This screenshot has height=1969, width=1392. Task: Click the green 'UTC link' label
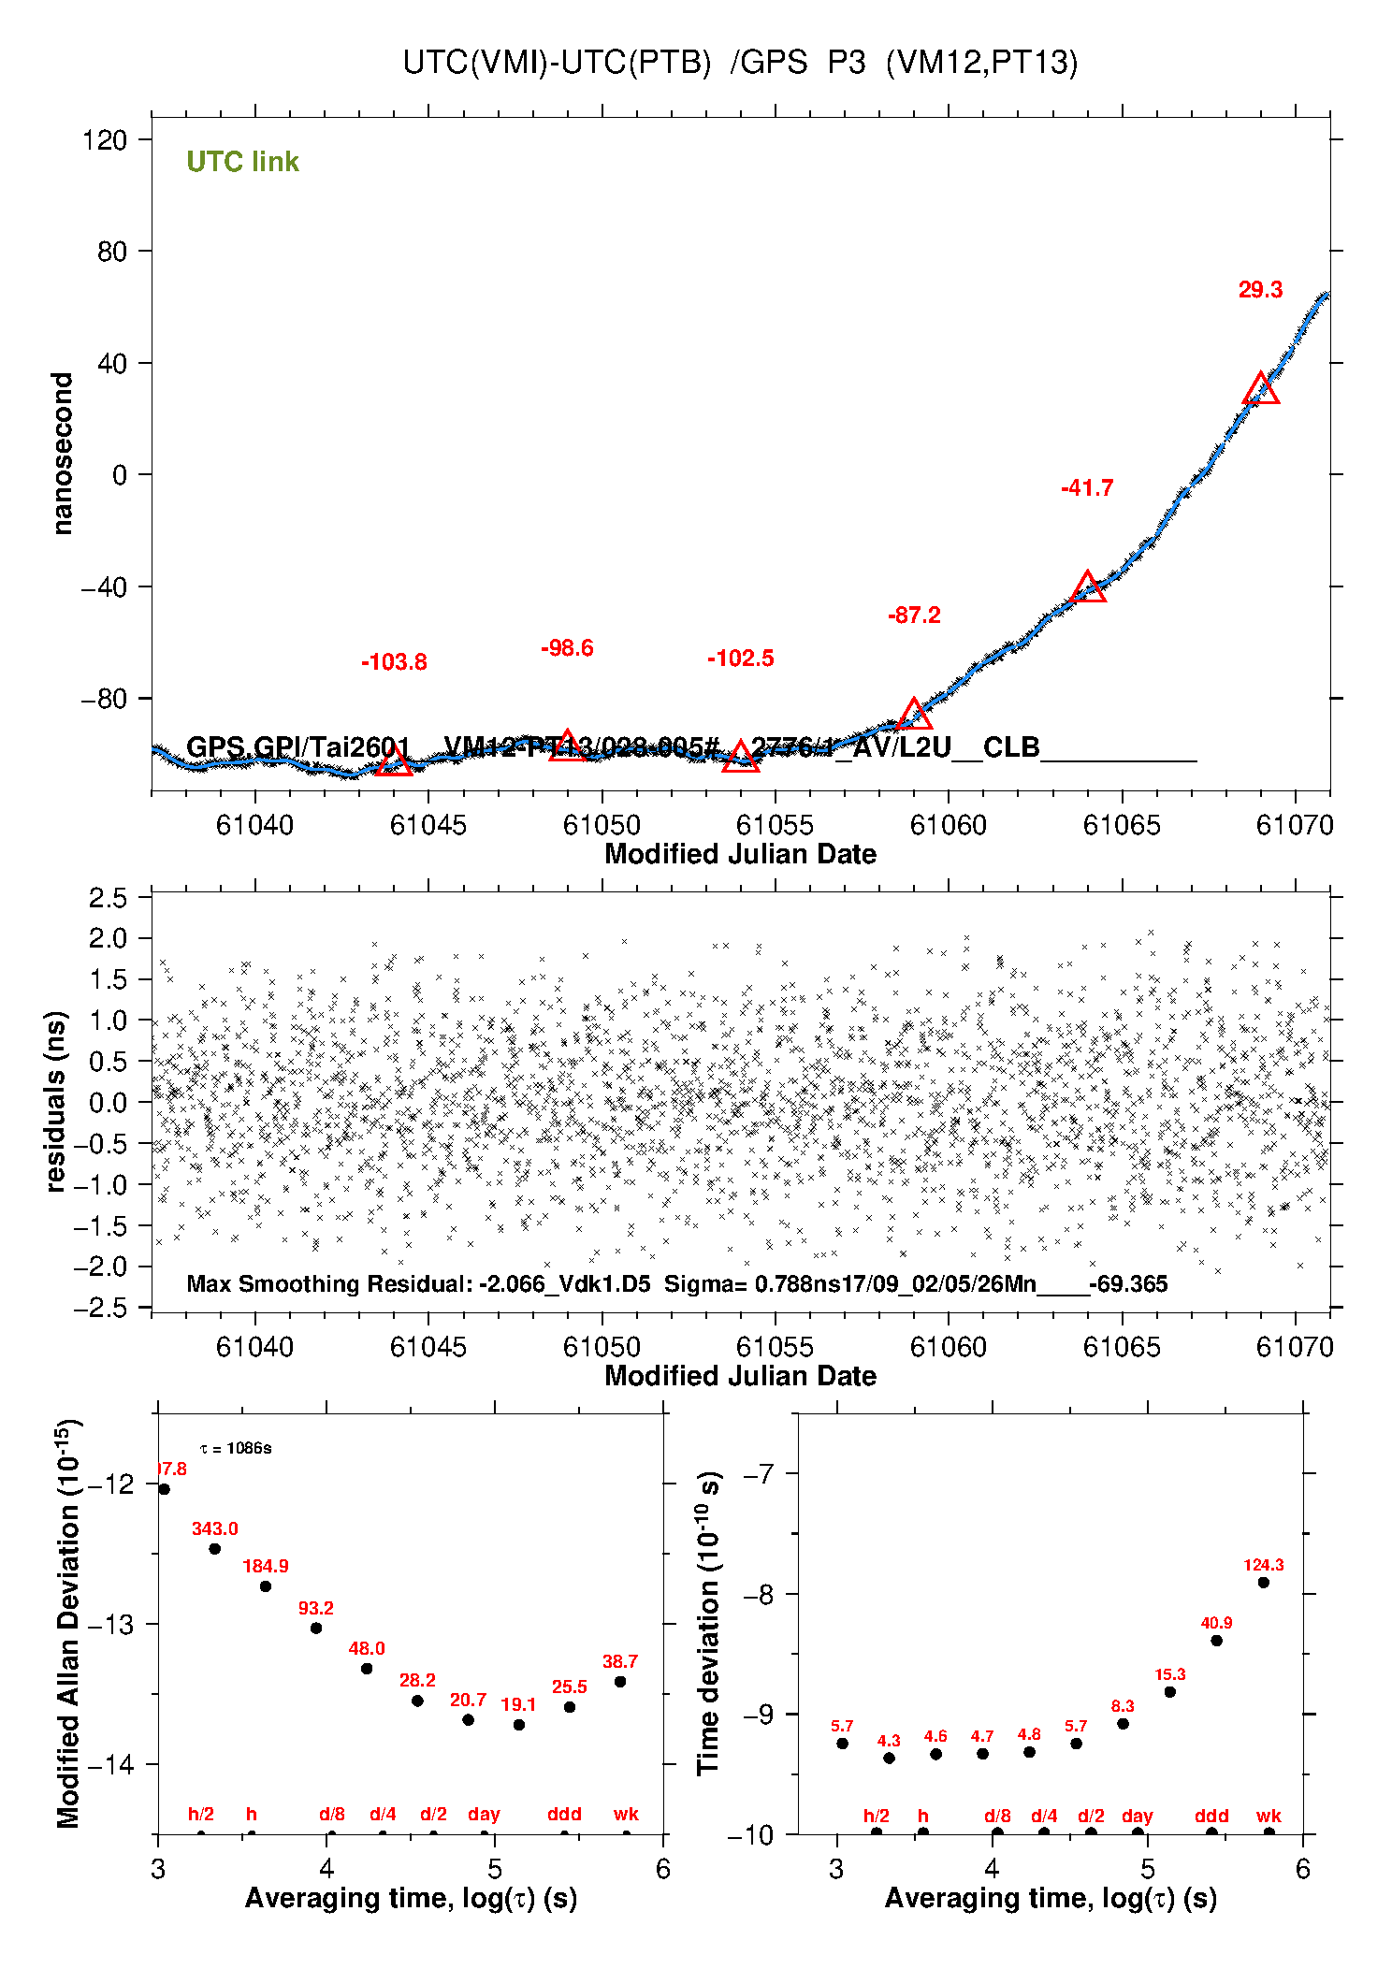pos(242,162)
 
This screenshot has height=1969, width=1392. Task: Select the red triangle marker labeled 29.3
pos(1261,389)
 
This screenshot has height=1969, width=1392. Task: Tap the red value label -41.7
pos(1087,487)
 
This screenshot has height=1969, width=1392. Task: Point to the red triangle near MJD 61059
pos(914,716)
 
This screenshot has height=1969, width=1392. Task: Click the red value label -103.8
pos(394,662)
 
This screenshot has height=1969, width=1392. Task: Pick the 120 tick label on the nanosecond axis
pos(104,140)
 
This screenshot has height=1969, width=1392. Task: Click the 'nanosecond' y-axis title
pos(63,454)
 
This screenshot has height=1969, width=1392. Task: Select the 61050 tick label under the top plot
pos(602,825)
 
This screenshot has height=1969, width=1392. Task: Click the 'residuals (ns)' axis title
pos(56,1101)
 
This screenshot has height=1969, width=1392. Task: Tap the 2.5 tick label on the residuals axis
pos(108,898)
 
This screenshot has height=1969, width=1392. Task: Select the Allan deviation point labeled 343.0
pos(214,1548)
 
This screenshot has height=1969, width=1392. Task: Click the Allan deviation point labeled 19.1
pos(519,1724)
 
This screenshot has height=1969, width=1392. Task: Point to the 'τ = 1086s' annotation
pos(236,1448)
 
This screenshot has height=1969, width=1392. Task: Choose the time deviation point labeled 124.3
pos(1263,1582)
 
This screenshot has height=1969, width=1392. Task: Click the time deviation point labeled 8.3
pos(1123,1723)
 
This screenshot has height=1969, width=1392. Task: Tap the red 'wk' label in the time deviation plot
pos(1269,1816)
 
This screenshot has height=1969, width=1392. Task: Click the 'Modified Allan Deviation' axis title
pos(68,1623)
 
